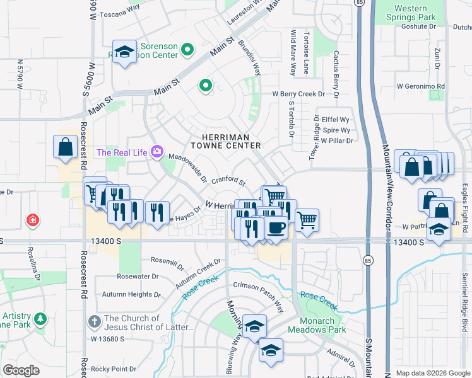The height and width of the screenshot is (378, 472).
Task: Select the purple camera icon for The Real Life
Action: tap(156, 152)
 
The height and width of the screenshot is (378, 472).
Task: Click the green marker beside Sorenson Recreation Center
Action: tap(187, 49)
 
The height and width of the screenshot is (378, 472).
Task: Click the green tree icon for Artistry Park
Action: tap(41, 319)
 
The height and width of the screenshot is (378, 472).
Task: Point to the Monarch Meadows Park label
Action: tap(317, 325)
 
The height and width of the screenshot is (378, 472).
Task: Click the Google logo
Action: tap(21, 370)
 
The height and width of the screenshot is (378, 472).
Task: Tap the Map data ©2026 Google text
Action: tap(433, 373)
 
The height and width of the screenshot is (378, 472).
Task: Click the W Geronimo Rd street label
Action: tap(421, 86)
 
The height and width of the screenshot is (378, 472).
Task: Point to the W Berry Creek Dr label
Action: tap(298, 94)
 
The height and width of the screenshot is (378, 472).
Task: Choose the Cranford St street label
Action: tap(228, 181)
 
